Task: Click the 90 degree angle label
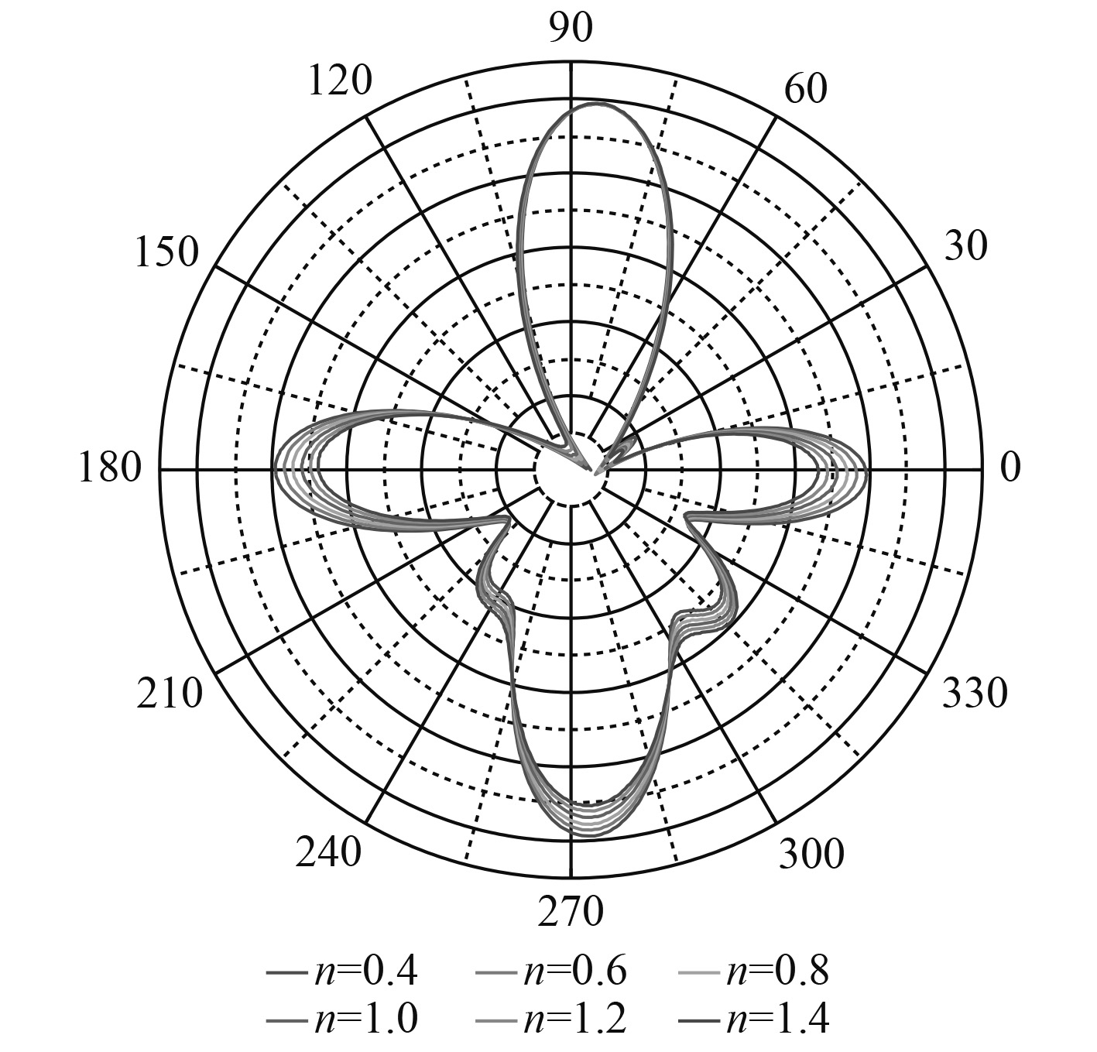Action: pos(571,29)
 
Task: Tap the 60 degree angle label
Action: pos(805,89)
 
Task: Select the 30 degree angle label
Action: pos(965,246)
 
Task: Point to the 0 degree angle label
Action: pos(1010,468)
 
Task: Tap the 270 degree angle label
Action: pos(571,912)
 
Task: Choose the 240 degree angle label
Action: pos(328,853)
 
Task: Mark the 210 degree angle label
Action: pos(170,694)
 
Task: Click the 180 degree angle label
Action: pos(110,469)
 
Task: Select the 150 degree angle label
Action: pos(166,252)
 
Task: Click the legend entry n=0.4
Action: pos(342,971)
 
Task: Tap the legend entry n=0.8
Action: pos(754,971)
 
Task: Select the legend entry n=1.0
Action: pos(342,1019)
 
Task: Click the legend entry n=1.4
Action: pos(754,1019)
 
